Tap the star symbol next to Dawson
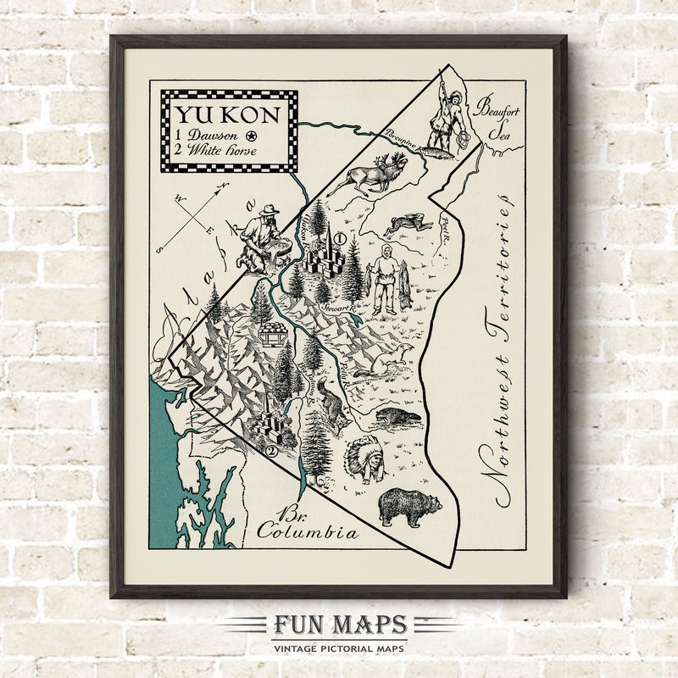pos(251,136)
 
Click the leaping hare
pos(403,225)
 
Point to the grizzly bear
pos(409,507)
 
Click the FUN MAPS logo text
pos(339,626)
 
